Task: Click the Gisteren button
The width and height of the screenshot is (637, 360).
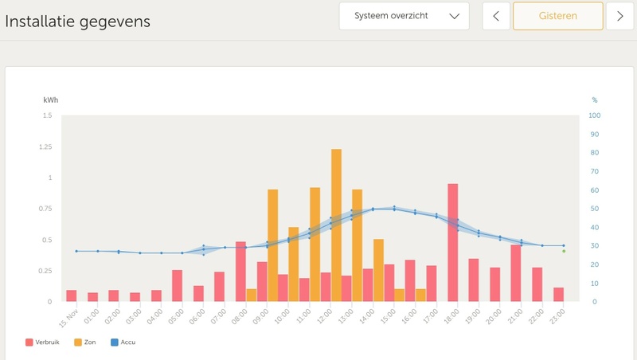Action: click(557, 16)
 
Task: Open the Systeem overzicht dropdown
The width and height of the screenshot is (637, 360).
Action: click(404, 16)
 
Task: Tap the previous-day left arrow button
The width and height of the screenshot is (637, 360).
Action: click(496, 16)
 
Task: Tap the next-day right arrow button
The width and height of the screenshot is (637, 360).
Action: click(619, 16)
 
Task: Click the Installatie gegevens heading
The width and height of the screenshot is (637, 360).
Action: click(77, 22)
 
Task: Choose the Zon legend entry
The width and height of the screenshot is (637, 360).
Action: click(89, 342)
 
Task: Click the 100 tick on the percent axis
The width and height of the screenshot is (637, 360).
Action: click(594, 115)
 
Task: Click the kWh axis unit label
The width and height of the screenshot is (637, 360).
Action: click(50, 100)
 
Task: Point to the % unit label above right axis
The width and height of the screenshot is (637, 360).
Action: click(594, 100)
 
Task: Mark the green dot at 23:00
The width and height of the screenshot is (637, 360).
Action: click(564, 251)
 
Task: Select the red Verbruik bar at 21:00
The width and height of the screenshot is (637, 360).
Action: click(516, 273)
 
